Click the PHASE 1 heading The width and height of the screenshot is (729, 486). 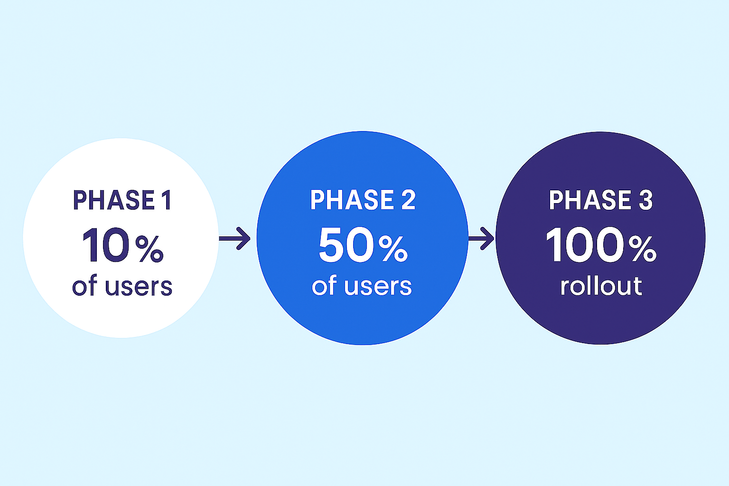(122, 200)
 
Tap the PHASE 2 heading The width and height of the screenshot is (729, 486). (363, 200)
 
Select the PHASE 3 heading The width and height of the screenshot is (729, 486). (600, 200)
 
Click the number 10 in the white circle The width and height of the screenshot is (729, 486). (106, 245)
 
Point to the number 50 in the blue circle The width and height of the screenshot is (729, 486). (346, 245)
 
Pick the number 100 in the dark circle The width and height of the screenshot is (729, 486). (585, 245)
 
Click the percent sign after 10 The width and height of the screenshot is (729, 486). (149, 249)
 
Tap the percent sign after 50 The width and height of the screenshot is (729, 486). (393, 249)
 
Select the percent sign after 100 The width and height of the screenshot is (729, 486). (642, 249)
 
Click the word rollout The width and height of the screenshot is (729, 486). (601, 286)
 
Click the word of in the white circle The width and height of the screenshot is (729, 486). (84, 286)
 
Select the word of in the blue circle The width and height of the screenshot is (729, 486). (324, 286)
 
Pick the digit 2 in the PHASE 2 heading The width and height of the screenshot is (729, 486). (408, 200)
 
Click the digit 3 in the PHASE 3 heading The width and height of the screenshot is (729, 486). (645, 200)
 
